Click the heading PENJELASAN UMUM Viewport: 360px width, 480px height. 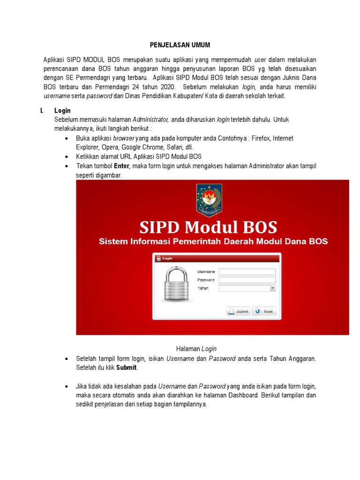click(180, 45)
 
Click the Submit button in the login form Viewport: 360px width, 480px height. click(238, 311)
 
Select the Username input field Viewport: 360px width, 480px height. click(247, 271)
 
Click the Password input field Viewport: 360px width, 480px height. click(247, 280)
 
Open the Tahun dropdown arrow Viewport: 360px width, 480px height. click(273, 288)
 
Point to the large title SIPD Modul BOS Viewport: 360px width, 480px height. click(208, 227)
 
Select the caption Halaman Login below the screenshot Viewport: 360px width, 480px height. click(196, 349)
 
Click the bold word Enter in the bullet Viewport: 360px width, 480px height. click(121, 166)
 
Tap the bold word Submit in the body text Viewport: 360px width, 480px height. click(126, 367)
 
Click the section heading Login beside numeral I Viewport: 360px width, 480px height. click(62, 111)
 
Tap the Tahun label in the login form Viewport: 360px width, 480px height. click(203, 288)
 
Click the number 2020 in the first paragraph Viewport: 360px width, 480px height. click(165, 87)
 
